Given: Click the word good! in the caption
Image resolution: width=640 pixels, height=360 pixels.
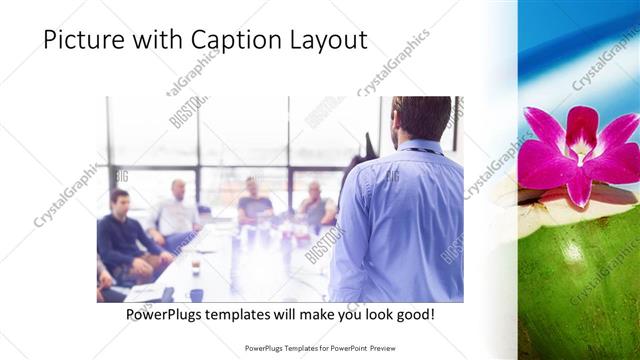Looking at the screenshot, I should pos(411,315).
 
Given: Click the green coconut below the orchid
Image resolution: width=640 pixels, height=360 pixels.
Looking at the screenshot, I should pos(580,280).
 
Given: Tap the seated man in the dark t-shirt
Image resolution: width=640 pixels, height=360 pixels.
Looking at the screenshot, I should pos(254,204).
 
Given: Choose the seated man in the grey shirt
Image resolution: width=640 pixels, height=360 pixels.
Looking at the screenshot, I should pos(314,206).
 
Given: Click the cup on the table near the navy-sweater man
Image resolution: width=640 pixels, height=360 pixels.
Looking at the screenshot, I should pos(195,265).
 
